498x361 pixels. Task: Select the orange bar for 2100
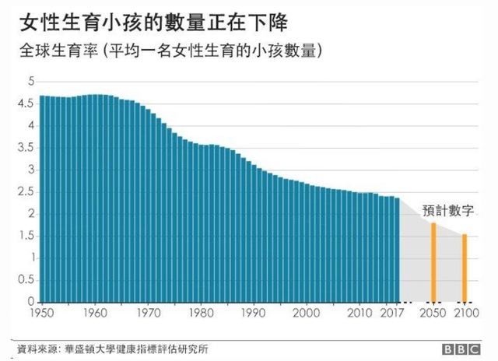(x=465, y=268)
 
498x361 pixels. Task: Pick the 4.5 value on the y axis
(x=27, y=103)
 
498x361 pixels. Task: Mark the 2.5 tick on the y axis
(x=27, y=191)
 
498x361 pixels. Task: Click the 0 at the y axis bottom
(x=31, y=302)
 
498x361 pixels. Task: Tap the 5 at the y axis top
(x=31, y=81)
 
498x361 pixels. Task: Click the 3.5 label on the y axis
(x=27, y=147)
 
